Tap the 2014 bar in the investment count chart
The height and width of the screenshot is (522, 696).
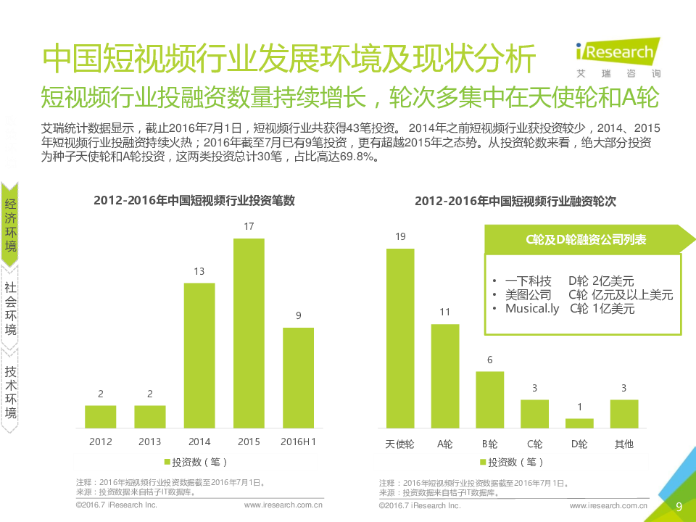pos(199,355)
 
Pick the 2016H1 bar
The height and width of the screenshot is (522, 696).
pos(298,377)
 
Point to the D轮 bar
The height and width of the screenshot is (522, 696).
pos(579,423)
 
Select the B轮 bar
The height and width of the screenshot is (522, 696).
pos(489,399)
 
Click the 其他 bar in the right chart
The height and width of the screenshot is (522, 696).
pos(623,413)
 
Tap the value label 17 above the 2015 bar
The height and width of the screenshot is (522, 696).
pos(249,227)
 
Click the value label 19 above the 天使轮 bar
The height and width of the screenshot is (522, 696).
pos(400,237)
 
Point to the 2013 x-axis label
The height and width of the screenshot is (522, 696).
pos(150,442)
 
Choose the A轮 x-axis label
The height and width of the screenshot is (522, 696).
pos(445,444)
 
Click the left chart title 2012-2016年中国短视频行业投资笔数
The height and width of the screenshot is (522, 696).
pos(194,201)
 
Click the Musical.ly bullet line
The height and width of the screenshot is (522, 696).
pos(562,309)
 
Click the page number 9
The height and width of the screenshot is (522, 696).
pos(679,507)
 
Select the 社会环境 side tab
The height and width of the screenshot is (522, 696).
pos(11,309)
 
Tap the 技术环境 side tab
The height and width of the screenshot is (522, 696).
pos(11,391)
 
